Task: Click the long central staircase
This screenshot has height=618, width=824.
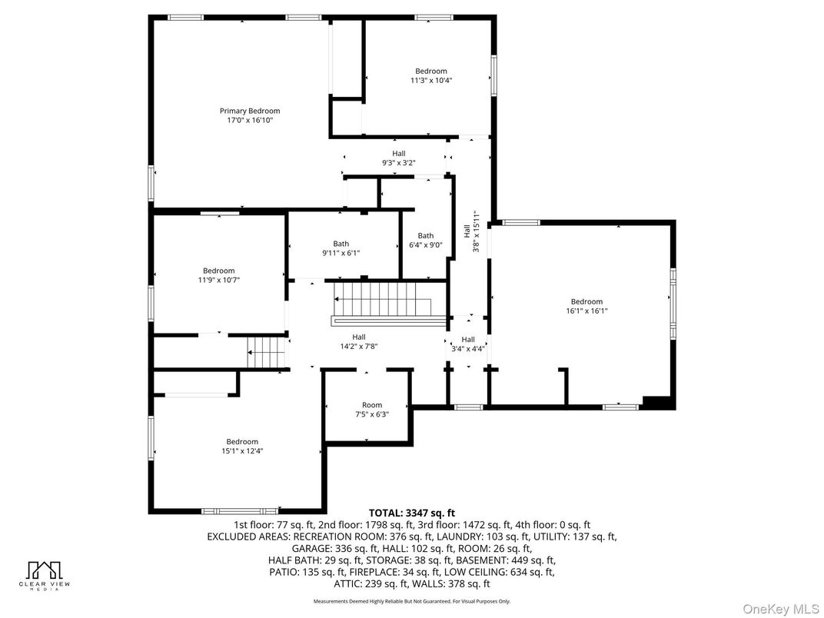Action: pos(389,301)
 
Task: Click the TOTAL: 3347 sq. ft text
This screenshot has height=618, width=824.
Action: pos(412,513)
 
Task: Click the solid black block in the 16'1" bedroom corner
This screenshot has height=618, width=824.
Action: pos(657,401)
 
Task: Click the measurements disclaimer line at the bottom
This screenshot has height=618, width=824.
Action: pos(411,601)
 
